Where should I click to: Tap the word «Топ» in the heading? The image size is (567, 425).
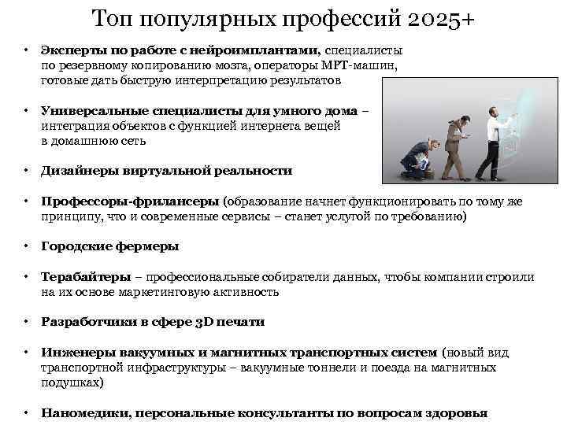113,18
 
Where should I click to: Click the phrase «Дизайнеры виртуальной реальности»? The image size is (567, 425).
166,171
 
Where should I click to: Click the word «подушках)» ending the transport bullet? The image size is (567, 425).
72,382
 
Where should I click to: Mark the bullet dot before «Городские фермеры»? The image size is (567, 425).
26,246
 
